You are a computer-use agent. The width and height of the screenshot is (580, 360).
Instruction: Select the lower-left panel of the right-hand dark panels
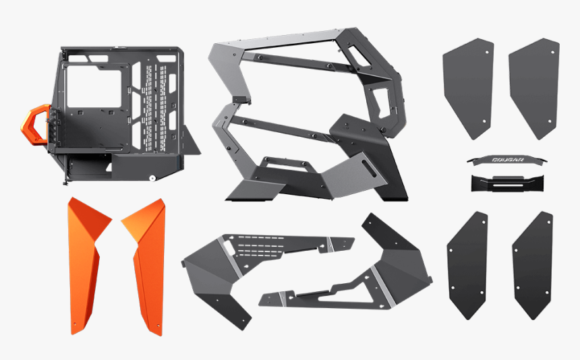(x=467, y=264)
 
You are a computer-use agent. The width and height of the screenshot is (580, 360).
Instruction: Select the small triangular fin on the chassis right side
(x=190, y=142)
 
